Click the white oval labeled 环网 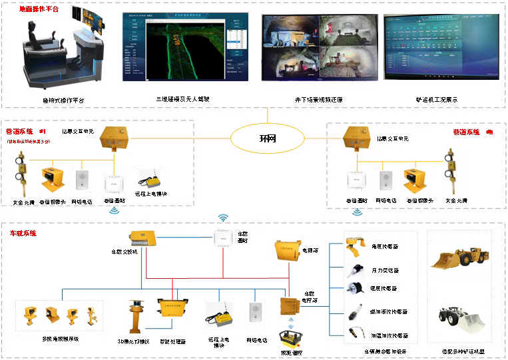[x=267, y=138]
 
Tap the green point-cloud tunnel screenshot [x=184, y=47]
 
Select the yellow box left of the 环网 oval [x=113, y=138]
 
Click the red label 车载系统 [x=23, y=234]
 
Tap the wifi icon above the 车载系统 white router [x=223, y=218]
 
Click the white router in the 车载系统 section [x=223, y=238]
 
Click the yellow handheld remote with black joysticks [x=291, y=338]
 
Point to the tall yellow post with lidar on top [x=135, y=315]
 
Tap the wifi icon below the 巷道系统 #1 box [x=115, y=210]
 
